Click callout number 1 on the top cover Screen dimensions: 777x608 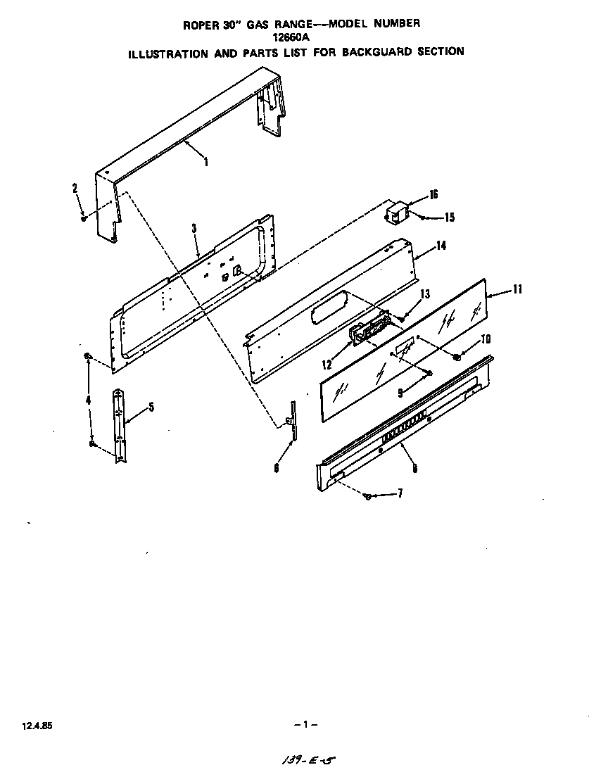[206, 163]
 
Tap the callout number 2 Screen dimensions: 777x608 [75, 187]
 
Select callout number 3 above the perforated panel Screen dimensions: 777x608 [194, 228]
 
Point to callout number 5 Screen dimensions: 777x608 [151, 407]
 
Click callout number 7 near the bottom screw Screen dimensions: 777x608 [400, 493]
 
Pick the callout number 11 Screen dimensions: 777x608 [517, 289]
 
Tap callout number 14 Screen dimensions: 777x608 [441, 246]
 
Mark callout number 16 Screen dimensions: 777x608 [433, 194]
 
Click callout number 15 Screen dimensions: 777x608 [449, 217]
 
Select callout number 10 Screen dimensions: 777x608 [485, 339]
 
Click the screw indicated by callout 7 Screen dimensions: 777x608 [367, 497]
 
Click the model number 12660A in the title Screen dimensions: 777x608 [303, 37]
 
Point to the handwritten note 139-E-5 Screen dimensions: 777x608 [307, 761]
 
